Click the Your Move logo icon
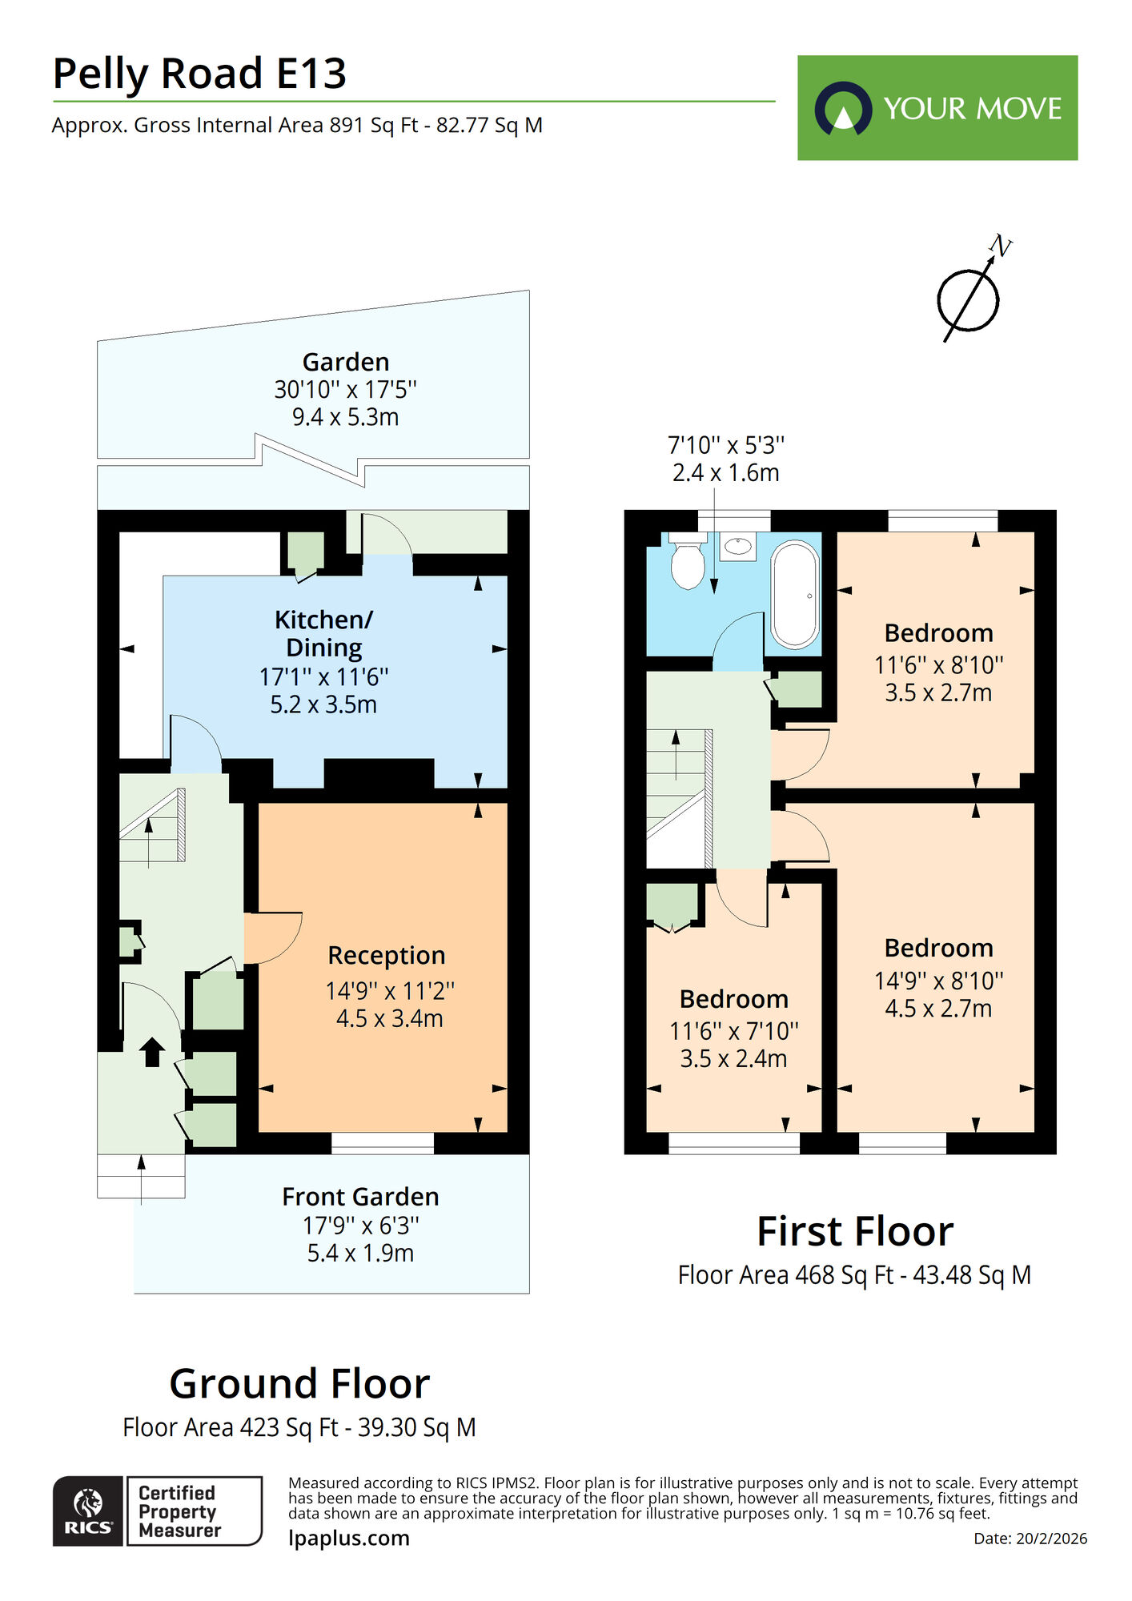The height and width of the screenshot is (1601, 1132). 843,109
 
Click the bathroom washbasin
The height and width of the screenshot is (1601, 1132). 737,546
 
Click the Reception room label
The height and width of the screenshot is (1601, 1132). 386,955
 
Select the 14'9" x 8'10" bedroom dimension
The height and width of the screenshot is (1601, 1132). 938,981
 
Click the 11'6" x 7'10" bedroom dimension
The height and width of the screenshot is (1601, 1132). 733,1031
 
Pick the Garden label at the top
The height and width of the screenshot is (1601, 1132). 345,362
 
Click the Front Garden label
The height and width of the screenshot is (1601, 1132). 360,1197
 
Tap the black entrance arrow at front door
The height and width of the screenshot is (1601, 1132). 151,1052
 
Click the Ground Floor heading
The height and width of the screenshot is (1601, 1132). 299,1383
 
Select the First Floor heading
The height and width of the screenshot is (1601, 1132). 855,1231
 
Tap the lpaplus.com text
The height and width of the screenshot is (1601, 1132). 348,1538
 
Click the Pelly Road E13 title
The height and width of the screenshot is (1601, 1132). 199,74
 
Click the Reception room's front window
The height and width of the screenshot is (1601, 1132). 383,1143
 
